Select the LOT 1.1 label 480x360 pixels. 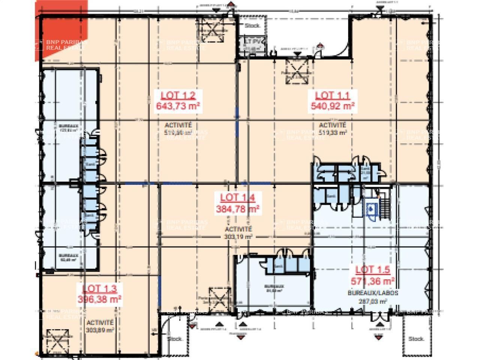(x=333, y=95)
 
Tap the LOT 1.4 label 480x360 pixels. (x=238, y=198)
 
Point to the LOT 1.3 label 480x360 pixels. (x=99, y=288)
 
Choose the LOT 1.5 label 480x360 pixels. (x=372, y=269)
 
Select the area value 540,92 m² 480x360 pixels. (x=333, y=106)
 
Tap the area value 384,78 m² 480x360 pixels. (x=238, y=209)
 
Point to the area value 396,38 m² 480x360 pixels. (x=99, y=299)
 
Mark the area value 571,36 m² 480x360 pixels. (x=372, y=280)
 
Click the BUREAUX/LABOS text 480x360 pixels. (x=373, y=293)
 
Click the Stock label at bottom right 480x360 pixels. (x=416, y=339)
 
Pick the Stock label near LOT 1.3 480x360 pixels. (x=175, y=339)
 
